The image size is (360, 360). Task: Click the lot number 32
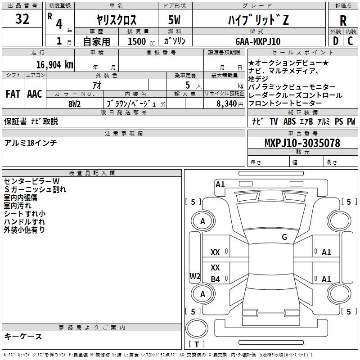(22, 19)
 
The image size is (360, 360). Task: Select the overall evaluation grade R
(343, 21)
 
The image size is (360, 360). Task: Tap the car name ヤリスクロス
(117, 20)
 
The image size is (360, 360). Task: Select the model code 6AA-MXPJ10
(257, 41)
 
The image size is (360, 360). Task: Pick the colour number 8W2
(74, 103)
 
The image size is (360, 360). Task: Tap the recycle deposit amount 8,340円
(230, 103)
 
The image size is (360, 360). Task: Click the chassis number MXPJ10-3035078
(302, 143)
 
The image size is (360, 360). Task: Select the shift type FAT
(13, 94)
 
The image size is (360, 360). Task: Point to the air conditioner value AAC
(35, 94)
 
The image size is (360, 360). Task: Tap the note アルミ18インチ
(31, 143)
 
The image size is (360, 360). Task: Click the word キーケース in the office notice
(23, 336)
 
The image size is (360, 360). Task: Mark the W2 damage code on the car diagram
(194, 276)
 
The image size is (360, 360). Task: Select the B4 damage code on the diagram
(216, 279)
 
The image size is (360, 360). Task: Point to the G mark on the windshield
(284, 237)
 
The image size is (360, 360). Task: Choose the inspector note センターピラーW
(31, 181)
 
